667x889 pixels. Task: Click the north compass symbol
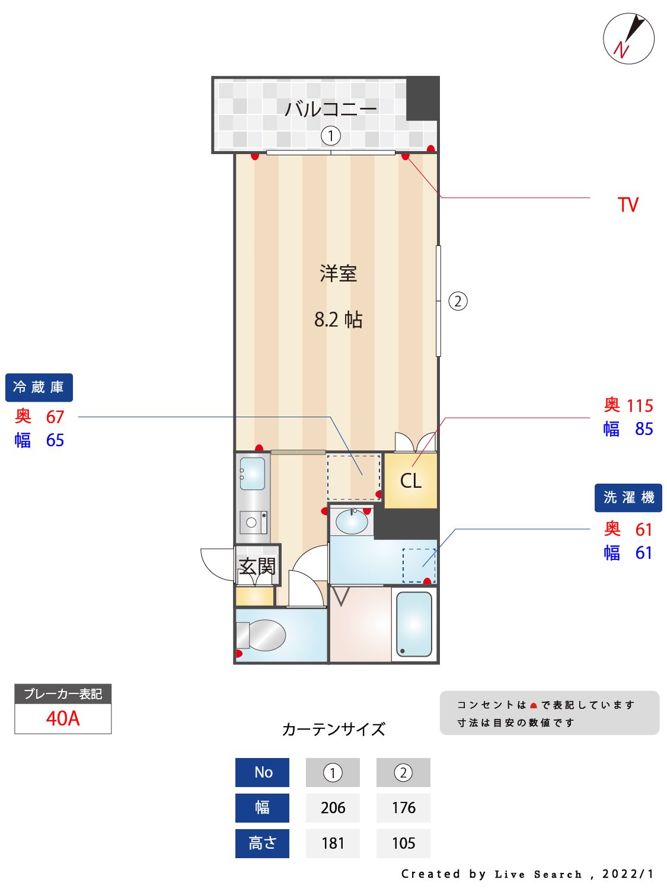pyautogui.click(x=628, y=39)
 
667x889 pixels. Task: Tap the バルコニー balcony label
pyautogui.click(x=330, y=108)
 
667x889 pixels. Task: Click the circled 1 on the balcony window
pyautogui.click(x=331, y=136)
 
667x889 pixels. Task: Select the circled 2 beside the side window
pyautogui.click(x=458, y=301)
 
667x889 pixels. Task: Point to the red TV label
pyautogui.click(x=628, y=205)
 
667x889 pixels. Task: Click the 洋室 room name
pyautogui.click(x=338, y=274)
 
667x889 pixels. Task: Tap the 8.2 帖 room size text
pyautogui.click(x=338, y=320)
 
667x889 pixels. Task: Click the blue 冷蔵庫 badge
pyautogui.click(x=39, y=388)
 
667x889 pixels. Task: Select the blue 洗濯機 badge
pyautogui.click(x=628, y=498)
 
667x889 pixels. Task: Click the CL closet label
pyautogui.click(x=410, y=481)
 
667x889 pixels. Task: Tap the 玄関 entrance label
pyautogui.click(x=257, y=567)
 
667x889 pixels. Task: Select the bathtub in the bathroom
pyautogui.click(x=414, y=624)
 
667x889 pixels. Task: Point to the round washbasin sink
pyautogui.click(x=352, y=522)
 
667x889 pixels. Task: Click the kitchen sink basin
pyautogui.click(x=253, y=474)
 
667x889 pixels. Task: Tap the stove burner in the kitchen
pyautogui.click(x=252, y=523)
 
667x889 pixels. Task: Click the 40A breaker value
pyautogui.click(x=63, y=718)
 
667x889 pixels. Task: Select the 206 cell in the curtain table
pyautogui.click(x=333, y=808)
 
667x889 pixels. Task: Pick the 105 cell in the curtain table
pyautogui.click(x=403, y=843)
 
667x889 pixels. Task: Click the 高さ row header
pyautogui.click(x=262, y=843)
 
